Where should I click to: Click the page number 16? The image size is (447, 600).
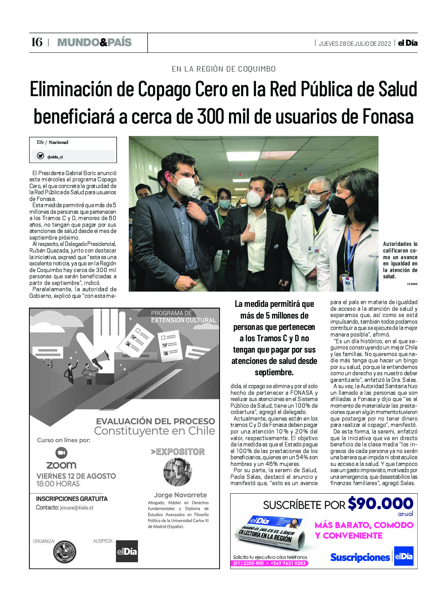(37, 42)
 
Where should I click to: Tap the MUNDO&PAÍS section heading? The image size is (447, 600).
(94, 42)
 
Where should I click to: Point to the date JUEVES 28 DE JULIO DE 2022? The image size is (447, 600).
(355, 43)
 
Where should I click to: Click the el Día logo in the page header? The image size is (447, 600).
(407, 43)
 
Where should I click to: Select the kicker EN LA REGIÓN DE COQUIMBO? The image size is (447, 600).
(223, 69)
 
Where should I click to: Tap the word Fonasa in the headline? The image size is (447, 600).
(388, 116)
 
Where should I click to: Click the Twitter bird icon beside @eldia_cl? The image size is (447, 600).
(40, 156)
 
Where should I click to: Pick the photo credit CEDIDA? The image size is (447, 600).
(412, 284)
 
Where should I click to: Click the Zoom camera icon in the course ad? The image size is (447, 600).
(61, 453)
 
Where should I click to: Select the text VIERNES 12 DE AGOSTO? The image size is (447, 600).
(76, 476)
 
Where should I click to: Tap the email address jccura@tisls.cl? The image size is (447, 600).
(76, 508)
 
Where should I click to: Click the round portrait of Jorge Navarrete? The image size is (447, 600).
(177, 472)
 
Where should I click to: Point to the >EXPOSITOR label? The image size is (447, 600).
(178, 452)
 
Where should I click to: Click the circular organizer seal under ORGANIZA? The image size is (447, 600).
(64, 552)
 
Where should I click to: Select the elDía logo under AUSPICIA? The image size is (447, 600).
(127, 551)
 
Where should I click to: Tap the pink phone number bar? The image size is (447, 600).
(269, 563)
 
